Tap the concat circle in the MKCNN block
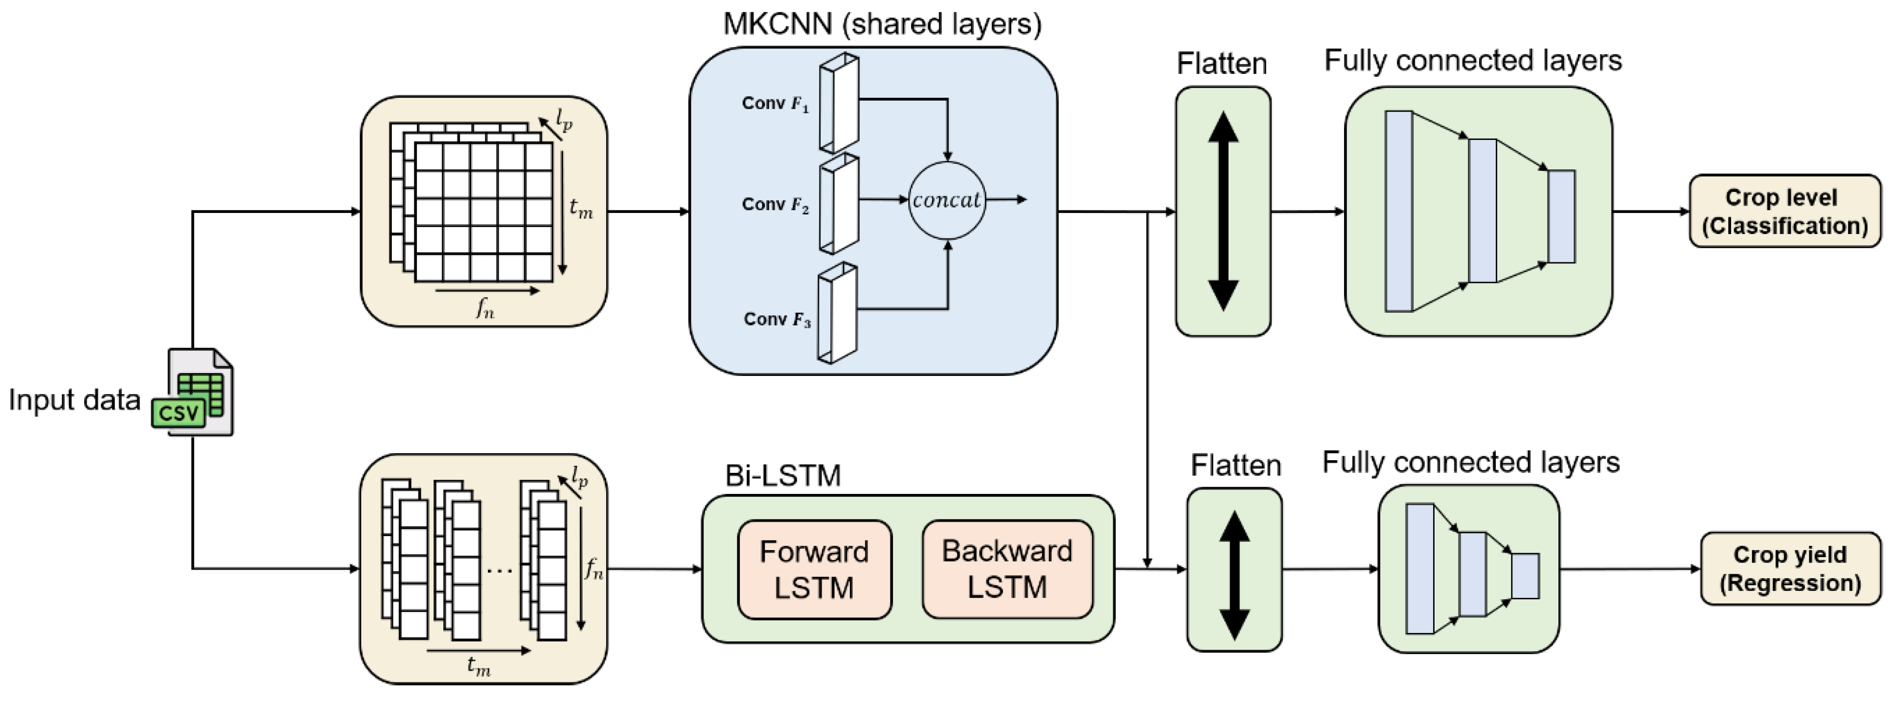[947, 200]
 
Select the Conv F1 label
[775, 104]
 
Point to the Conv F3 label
[776, 320]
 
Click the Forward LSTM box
[814, 569]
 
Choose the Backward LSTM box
[1007, 569]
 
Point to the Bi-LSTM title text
[782, 475]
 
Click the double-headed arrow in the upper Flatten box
[1223, 211]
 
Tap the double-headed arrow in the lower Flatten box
[1234, 575]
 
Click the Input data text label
[74, 400]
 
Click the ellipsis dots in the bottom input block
[500, 569]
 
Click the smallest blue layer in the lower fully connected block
[1525, 575]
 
